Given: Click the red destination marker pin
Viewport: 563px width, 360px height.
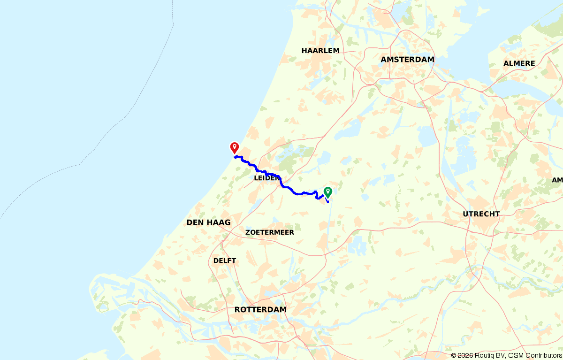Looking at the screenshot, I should pos(234,147).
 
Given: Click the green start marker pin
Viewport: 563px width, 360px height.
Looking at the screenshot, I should pos(328,191).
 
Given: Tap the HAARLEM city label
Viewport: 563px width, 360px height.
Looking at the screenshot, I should pos(320,50).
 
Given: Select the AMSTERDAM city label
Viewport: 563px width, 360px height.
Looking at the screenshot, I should pos(407,60).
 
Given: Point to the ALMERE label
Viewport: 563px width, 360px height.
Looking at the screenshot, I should pos(519,63).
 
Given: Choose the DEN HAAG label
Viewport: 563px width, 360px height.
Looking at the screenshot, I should pos(208,222).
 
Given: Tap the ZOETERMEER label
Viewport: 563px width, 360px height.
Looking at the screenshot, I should pos(269,232).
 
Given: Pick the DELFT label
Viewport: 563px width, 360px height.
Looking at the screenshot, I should pos(225,260).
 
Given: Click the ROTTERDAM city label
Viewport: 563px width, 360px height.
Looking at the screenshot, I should pos(260,310).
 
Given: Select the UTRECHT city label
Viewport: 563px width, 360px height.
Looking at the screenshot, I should pos(481,214).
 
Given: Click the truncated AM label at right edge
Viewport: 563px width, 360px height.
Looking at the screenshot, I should pos(557,180).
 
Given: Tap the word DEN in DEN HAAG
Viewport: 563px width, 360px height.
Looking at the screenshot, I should pos(195,222).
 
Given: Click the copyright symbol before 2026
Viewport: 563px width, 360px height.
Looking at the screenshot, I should pos(454,356).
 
